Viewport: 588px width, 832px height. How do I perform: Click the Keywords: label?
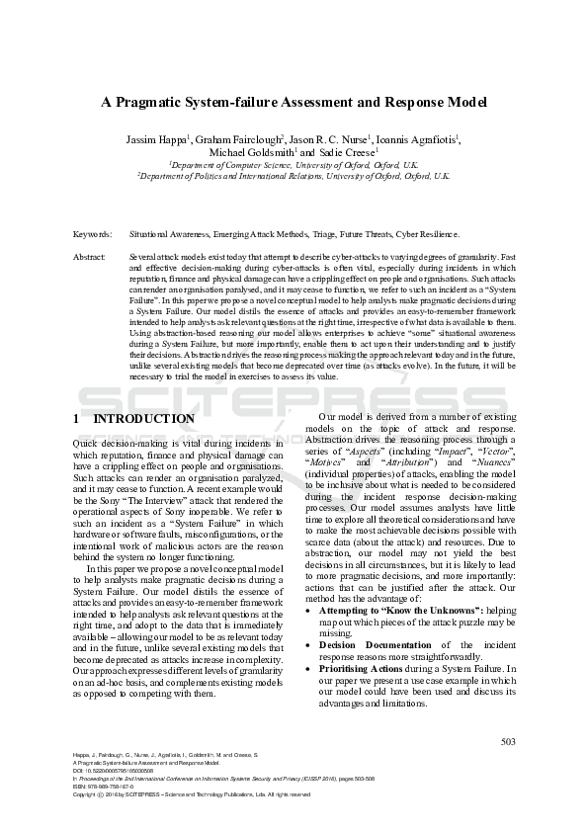click(x=92, y=234)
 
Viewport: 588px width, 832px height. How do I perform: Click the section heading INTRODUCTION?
click(x=143, y=419)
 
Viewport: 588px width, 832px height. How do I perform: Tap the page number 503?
click(x=508, y=741)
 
